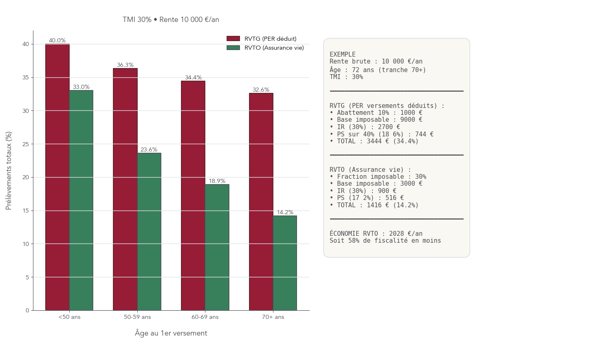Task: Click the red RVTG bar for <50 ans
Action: point(57,177)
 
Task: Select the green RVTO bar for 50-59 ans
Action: point(149,232)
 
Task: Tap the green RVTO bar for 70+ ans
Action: point(285,263)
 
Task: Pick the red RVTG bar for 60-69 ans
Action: point(193,195)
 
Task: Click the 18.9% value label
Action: point(217,181)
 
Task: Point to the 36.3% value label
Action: point(125,65)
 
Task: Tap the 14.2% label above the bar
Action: point(285,212)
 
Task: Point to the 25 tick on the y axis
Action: point(26,144)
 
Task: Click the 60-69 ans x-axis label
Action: point(205,317)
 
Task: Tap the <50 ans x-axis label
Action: point(69,317)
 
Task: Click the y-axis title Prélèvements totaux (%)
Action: point(9,171)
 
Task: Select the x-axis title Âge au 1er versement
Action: point(171,333)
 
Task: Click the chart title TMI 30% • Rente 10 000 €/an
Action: point(171,20)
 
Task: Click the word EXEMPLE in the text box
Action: point(343,54)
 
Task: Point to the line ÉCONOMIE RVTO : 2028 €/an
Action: point(376,233)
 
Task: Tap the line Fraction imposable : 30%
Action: point(381,177)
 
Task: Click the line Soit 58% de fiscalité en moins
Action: point(385,241)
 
